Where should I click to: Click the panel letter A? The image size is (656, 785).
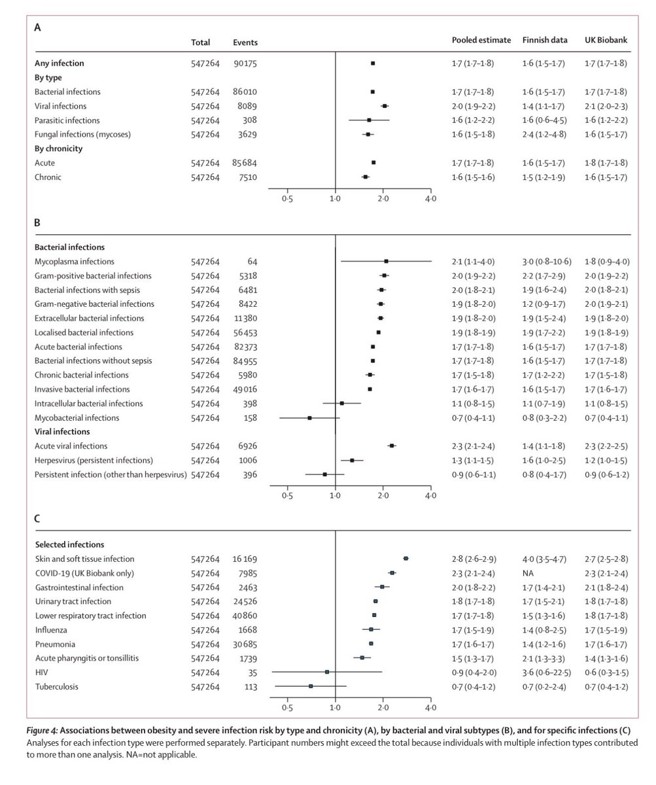(x=38, y=28)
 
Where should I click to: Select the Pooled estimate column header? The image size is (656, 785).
(x=481, y=40)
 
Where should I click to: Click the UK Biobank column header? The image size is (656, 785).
(x=606, y=40)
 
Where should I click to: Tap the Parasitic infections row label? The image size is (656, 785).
(x=67, y=120)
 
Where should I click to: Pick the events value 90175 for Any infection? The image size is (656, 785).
(x=245, y=63)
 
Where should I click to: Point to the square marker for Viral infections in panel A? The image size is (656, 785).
(x=385, y=106)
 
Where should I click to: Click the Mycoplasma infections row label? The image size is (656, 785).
(x=74, y=262)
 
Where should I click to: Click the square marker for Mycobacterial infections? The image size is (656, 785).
(x=310, y=417)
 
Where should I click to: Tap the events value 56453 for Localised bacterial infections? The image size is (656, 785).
(x=245, y=332)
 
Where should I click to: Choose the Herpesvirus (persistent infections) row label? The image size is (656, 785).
(x=94, y=460)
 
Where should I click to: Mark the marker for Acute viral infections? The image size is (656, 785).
(x=392, y=445)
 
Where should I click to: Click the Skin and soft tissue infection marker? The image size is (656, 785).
(x=406, y=559)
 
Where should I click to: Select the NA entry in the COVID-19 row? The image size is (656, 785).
(x=528, y=573)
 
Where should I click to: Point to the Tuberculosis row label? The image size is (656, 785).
(x=56, y=687)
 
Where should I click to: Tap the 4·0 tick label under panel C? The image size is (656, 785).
(x=430, y=708)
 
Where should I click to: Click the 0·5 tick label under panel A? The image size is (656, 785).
(x=287, y=198)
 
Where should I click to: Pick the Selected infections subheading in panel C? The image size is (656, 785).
(x=69, y=544)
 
